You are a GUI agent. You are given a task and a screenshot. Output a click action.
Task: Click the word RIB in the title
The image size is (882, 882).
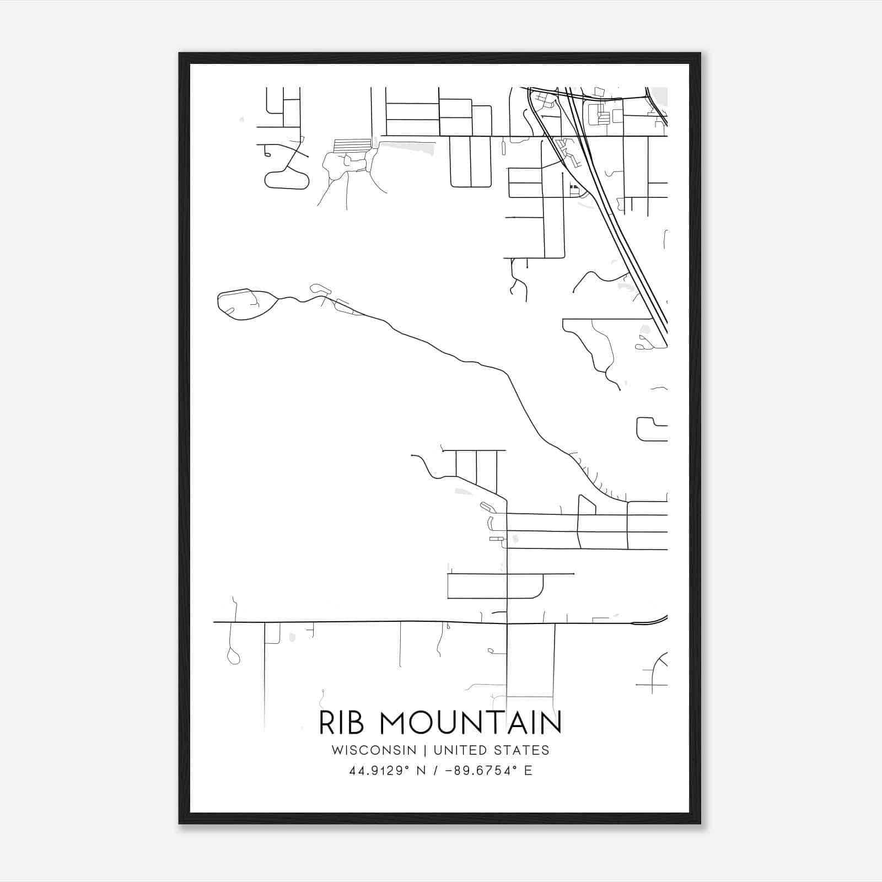click(x=341, y=723)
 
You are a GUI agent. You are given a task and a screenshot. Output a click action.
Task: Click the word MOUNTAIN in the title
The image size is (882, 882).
click(x=471, y=723)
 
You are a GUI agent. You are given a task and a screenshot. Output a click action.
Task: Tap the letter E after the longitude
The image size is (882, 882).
click(x=528, y=771)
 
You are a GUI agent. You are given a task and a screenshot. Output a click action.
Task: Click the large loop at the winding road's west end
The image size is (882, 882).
click(x=245, y=304)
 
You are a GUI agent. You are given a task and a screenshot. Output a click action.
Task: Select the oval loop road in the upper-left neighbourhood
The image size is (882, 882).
click(x=287, y=180)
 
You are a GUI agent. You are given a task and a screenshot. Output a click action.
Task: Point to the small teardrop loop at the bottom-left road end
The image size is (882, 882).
click(x=233, y=657)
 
